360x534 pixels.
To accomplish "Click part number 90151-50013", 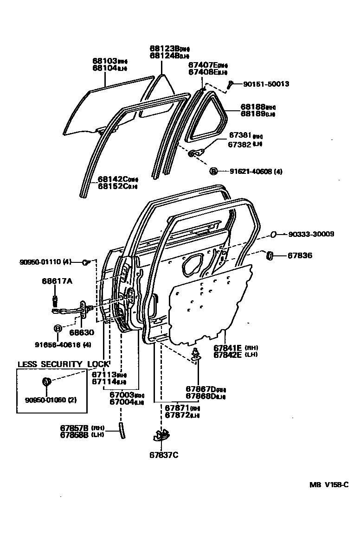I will pos(266,84).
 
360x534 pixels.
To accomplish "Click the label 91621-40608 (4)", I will pos(256,172).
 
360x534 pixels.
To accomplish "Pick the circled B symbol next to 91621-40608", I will pos(213,172).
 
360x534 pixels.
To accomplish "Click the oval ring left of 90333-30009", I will pos(273,235).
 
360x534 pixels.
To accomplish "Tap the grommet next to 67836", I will pos(269,255).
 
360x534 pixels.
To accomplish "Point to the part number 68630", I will pos(82,332).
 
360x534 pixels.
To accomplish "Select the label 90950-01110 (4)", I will pos(45,262).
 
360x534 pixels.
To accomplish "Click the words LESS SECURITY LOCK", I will pos(63,364).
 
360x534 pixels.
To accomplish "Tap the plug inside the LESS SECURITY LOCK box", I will pos(46,382).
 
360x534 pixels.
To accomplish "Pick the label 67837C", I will pos(164,455).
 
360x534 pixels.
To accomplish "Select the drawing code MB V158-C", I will pos(329,485).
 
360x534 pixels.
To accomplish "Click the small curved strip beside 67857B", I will pos(122,430).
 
